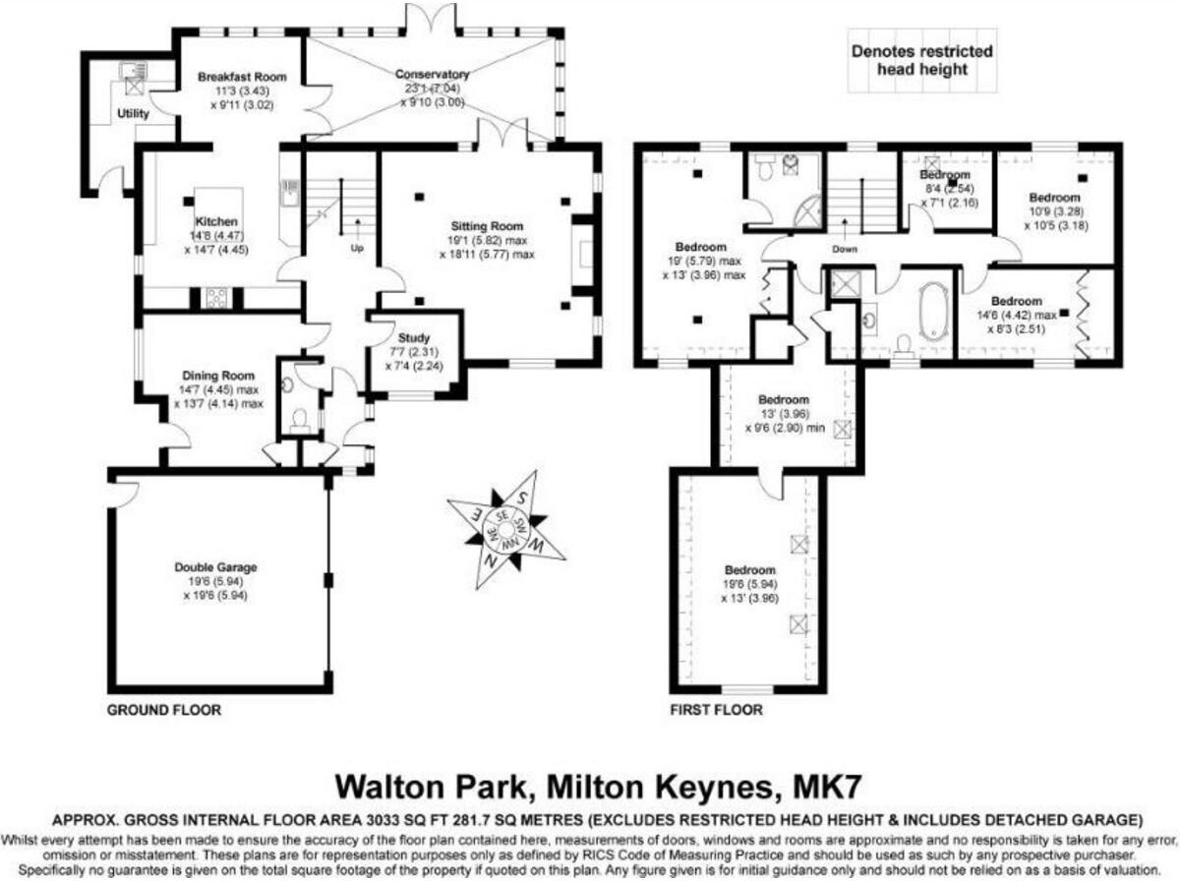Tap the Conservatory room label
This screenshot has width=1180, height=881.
click(432, 75)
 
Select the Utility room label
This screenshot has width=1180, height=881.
click(133, 114)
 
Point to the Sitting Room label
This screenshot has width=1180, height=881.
click(489, 226)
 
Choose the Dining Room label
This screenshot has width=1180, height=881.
click(218, 376)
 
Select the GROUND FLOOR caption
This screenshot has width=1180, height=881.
click(164, 709)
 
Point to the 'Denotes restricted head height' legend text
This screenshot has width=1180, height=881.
click(921, 60)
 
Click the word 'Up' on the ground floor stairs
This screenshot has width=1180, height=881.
click(357, 249)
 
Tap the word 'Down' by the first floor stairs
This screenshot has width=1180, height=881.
click(845, 249)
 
